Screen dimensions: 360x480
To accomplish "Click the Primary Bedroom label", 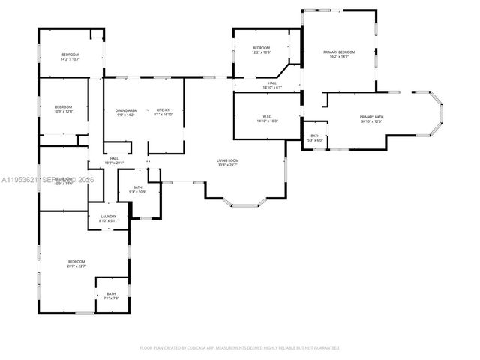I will (x=339, y=52).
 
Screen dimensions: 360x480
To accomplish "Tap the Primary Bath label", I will (x=371, y=117).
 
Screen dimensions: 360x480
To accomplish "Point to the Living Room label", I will (x=228, y=160).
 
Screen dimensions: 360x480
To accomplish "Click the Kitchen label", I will (x=163, y=110).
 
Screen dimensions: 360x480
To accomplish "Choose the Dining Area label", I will (x=125, y=110).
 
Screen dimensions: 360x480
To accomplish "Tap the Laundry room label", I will (x=109, y=217).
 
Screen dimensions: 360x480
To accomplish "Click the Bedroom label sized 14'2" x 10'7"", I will (x=70, y=55).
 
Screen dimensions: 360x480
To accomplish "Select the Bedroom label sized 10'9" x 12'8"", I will (x=63, y=107).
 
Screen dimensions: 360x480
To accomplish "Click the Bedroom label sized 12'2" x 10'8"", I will (x=260, y=48).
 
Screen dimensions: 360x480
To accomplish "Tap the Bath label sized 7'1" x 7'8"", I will (x=111, y=293).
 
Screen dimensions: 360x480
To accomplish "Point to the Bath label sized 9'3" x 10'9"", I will (x=138, y=187).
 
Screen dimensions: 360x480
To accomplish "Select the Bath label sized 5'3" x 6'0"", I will (x=315, y=136).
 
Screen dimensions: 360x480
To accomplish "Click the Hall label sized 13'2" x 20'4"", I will (x=115, y=158).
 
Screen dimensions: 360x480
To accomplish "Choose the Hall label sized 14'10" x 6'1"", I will (x=271, y=82).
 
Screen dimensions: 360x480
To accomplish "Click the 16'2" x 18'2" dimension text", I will (x=339, y=57).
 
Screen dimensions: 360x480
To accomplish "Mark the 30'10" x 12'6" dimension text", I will (x=371, y=122).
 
